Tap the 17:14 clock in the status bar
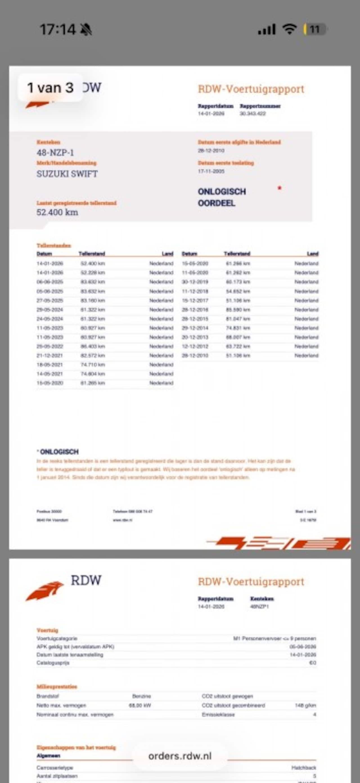click(x=58, y=30)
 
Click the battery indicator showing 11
click(x=315, y=29)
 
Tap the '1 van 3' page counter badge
click(x=50, y=88)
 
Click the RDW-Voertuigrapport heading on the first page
click(x=251, y=89)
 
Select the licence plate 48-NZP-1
click(x=55, y=152)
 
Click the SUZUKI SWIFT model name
click(x=67, y=174)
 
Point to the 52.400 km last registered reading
click(x=57, y=212)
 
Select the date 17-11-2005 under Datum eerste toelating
click(x=211, y=172)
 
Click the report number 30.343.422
click(x=252, y=114)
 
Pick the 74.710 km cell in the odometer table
click(x=93, y=364)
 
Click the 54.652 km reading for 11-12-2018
click(x=238, y=291)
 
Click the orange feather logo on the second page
click(x=45, y=591)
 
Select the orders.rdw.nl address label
click(x=180, y=756)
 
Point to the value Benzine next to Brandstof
click(x=141, y=696)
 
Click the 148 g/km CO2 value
click(x=305, y=705)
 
